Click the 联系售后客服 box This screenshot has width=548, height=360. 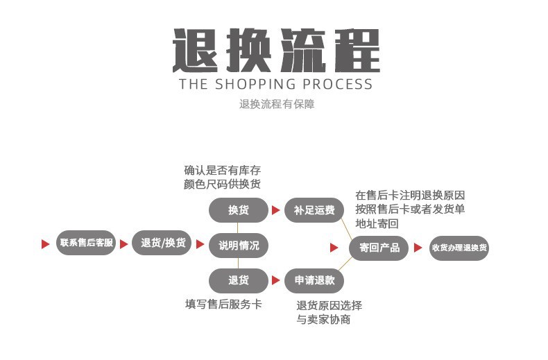tap(86, 243)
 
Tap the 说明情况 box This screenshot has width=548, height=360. tap(239, 245)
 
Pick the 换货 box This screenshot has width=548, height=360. tap(239, 210)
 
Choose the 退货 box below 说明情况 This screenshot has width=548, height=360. tap(239, 280)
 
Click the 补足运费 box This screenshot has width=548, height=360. tap(314, 210)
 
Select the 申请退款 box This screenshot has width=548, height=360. tap(314, 280)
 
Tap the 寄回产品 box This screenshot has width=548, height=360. tap(379, 248)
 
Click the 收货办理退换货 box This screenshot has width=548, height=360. tap(459, 248)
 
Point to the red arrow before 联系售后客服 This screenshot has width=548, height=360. tap(46, 244)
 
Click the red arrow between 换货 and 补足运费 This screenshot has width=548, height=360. tap(275, 210)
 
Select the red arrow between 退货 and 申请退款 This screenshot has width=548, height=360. tap(275, 280)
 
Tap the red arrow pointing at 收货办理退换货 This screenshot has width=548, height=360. tap(418, 248)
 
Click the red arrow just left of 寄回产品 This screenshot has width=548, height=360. tap(334, 248)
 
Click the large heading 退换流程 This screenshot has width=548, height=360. tap(276, 51)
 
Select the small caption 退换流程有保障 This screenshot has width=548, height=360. tap(277, 105)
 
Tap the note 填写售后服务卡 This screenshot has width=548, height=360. tap(223, 304)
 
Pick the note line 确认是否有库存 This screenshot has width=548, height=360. tap(223, 170)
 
